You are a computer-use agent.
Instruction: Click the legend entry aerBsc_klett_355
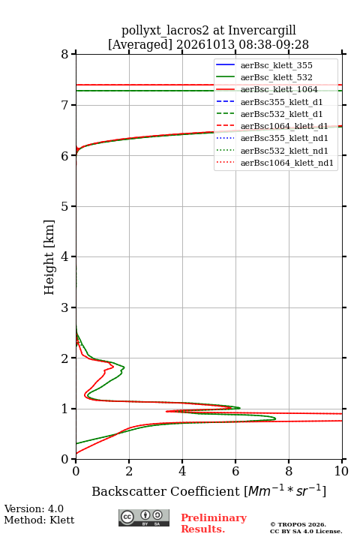tap(276, 65)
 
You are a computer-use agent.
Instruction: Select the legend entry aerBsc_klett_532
tap(276, 77)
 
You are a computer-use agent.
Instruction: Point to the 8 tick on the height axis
tap(73, 54)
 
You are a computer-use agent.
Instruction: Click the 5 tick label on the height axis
tap(64, 206)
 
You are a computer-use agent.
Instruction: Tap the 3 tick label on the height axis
tap(64, 307)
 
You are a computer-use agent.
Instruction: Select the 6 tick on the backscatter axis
tap(235, 461)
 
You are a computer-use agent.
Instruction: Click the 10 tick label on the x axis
tap(341, 471)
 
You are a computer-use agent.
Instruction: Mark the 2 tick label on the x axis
tap(129, 471)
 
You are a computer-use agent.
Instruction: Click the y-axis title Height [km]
tap(49, 257)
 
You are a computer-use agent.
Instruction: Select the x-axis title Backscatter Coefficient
tap(166, 491)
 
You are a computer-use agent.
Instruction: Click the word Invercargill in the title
tap(262, 31)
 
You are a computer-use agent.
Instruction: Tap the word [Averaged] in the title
tap(139, 45)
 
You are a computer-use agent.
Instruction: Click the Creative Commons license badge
tap(144, 517)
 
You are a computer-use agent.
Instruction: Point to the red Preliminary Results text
tap(214, 523)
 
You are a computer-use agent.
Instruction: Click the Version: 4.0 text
tap(34, 508)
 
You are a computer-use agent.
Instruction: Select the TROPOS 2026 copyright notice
tap(298, 524)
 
